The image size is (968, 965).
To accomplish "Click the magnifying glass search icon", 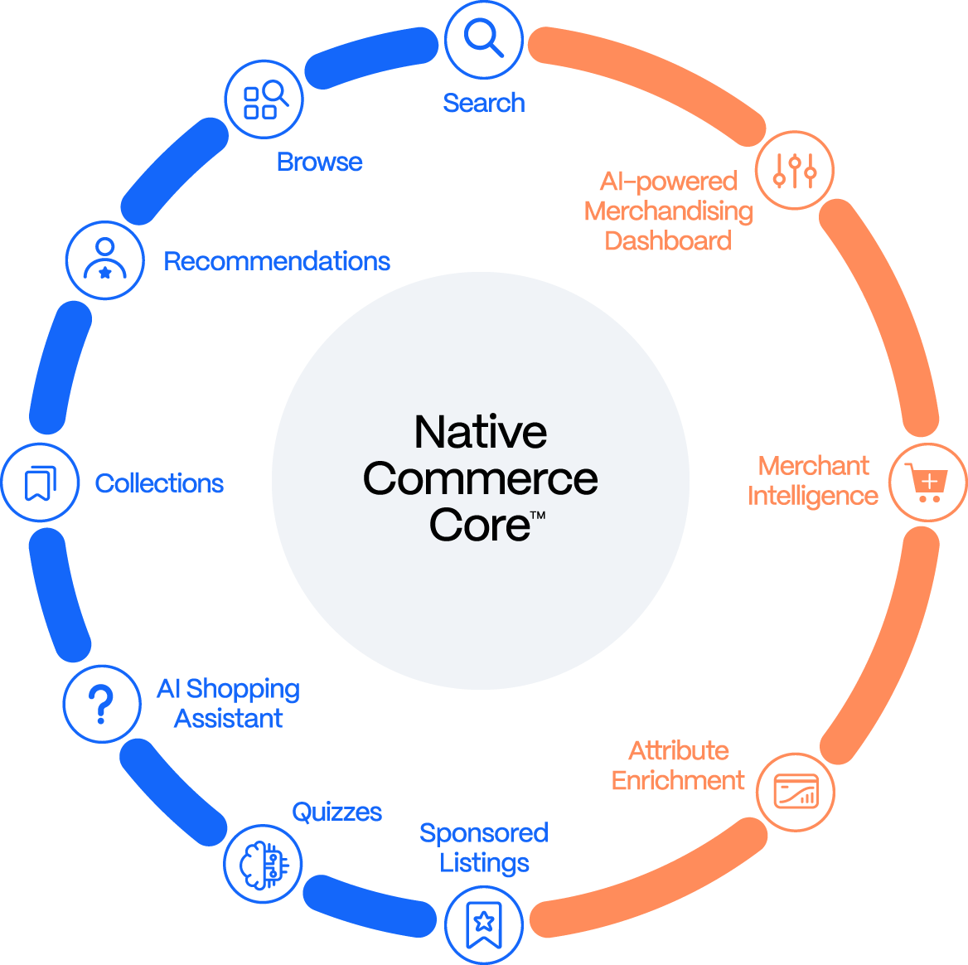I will tap(483, 38).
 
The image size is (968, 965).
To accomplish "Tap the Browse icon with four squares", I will tap(264, 99).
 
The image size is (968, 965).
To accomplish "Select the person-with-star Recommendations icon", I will tap(105, 259).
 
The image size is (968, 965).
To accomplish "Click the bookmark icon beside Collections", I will tap(40, 483).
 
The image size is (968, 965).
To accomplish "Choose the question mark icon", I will tap(102, 704).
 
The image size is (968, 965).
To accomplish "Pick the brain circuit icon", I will tap(264, 864).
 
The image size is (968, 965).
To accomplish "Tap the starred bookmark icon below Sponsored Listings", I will tap(483, 923).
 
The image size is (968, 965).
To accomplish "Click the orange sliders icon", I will tap(795, 170).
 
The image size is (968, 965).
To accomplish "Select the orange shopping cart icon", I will tap(927, 482).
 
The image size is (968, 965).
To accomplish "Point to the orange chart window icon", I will tap(796, 791).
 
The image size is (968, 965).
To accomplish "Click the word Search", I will tap(484, 103).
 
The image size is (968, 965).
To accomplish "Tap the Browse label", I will tap(320, 162).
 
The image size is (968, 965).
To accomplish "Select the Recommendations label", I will tap(278, 261).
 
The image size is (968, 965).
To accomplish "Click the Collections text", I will tap(159, 483).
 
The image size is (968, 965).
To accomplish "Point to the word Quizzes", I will tap(337, 812).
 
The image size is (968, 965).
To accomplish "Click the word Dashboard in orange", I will tap(668, 241).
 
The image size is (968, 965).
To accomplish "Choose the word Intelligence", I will tap(812, 496).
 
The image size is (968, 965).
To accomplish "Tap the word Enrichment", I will tap(678, 781).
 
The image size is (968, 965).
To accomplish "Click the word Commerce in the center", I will tap(480, 479).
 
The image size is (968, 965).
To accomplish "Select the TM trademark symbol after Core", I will tap(537, 516).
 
